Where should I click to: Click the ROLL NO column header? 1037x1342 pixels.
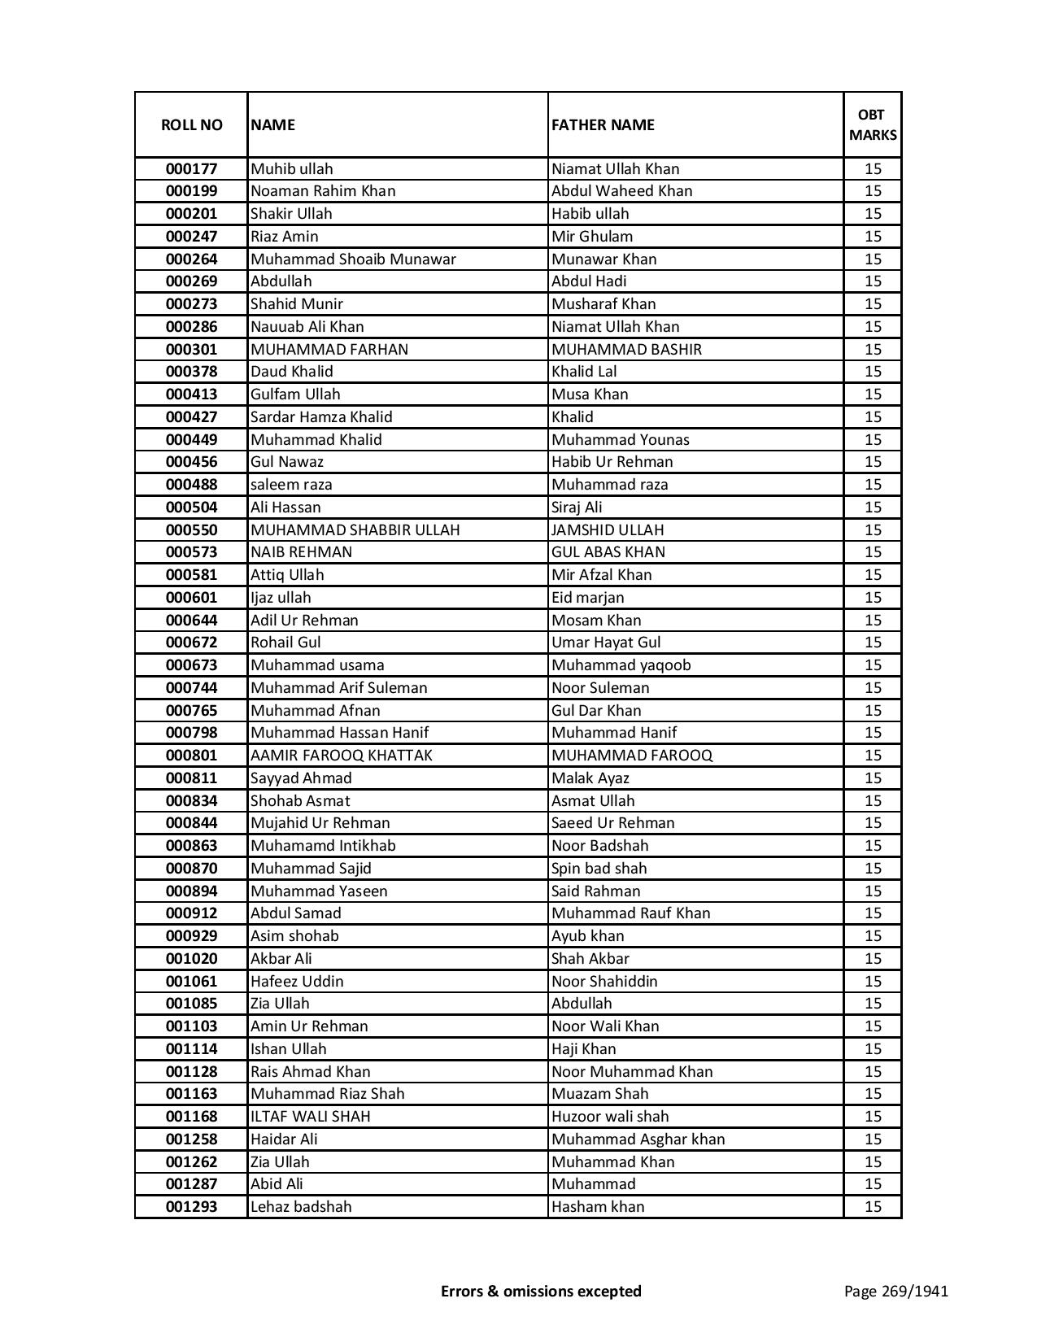[x=191, y=124]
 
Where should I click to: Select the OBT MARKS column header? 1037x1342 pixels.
[x=873, y=124]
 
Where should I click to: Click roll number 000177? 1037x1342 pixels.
[x=191, y=169]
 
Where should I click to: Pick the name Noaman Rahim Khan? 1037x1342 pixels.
[x=323, y=191]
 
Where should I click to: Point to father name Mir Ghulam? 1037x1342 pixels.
[x=591, y=237]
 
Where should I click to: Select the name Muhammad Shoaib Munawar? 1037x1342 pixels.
[x=353, y=259]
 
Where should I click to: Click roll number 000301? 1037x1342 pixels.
[x=191, y=350]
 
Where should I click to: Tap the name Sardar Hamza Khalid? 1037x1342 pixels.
[x=321, y=417]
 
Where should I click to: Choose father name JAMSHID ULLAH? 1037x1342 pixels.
[x=608, y=530]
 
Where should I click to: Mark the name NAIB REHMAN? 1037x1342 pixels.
[x=301, y=552]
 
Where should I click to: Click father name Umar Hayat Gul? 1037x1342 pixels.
[x=606, y=643]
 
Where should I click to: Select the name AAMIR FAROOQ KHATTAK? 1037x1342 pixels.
[x=341, y=756]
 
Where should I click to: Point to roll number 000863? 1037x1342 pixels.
[x=191, y=846]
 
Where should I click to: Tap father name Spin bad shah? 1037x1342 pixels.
[x=599, y=869]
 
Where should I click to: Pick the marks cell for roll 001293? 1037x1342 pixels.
[x=873, y=1207]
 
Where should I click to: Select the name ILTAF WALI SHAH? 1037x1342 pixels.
[x=310, y=1117]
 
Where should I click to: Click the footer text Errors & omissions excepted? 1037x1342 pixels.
[x=541, y=1291]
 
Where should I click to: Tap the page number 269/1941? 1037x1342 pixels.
[x=895, y=1291]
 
